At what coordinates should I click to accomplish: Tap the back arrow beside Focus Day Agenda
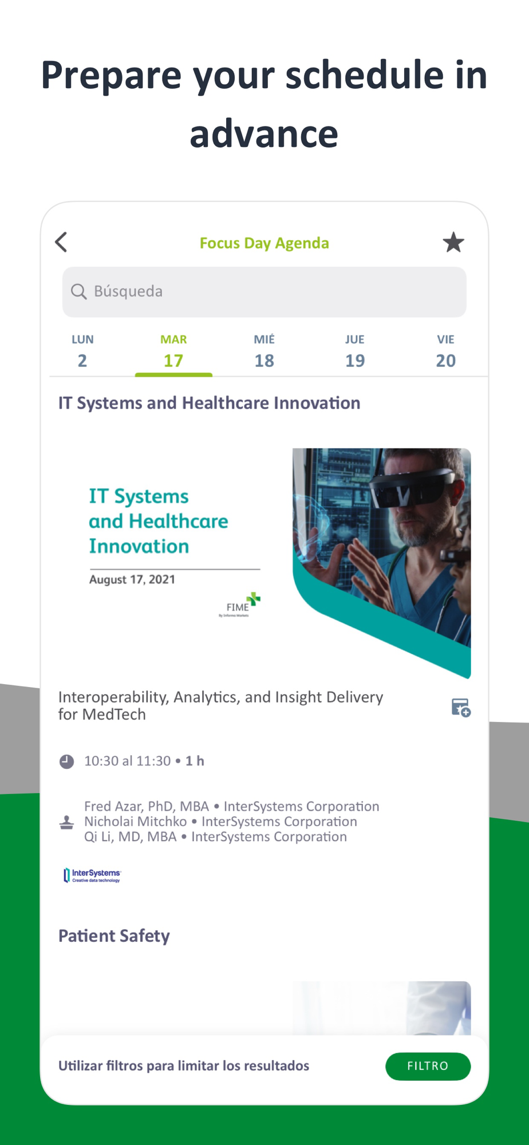click(61, 242)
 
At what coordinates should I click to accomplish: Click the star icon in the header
click(453, 242)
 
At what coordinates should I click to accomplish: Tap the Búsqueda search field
click(264, 291)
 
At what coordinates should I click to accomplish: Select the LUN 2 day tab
click(82, 351)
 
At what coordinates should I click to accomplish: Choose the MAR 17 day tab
click(173, 351)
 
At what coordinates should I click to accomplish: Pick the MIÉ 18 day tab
click(264, 351)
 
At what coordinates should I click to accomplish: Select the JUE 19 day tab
click(355, 351)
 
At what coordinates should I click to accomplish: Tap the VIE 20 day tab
click(445, 351)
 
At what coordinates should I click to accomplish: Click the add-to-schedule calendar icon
click(461, 708)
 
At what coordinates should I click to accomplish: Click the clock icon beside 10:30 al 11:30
click(67, 761)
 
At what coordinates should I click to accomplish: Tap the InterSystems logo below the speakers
click(92, 875)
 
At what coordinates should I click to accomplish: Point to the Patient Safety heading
click(114, 935)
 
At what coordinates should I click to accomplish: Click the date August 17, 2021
click(132, 579)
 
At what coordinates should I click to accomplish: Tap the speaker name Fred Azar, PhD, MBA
click(147, 806)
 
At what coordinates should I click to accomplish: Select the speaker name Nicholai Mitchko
click(136, 822)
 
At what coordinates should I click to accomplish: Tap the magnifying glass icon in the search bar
click(78, 291)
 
